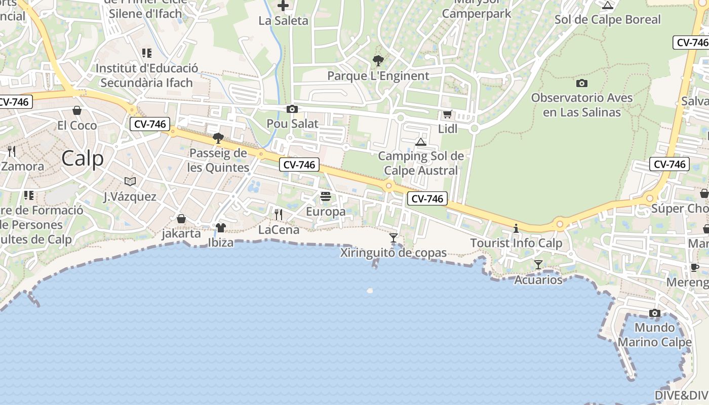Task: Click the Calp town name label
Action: pyautogui.click(x=83, y=158)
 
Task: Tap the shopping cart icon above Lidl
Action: pyautogui.click(x=447, y=114)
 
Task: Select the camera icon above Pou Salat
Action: pyautogui.click(x=292, y=109)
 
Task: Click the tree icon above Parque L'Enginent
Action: pyautogui.click(x=378, y=61)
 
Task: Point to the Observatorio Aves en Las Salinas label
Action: pyautogui.click(x=582, y=105)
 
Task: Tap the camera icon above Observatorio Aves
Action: pyautogui.click(x=582, y=83)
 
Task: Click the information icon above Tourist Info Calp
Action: pyautogui.click(x=516, y=228)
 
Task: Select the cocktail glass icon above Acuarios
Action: pyautogui.click(x=538, y=265)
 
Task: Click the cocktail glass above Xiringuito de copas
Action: pyautogui.click(x=393, y=237)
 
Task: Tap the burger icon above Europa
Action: pyautogui.click(x=326, y=196)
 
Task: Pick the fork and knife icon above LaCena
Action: pyautogui.click(x=278, y=215)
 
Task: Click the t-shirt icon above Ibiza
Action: pyautogui.click(x=220, y=228)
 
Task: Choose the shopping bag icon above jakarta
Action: pyautogui.click(x=181, y=219)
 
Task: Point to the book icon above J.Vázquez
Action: pyautogui.click(x=130, y=181)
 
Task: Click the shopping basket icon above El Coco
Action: pyautogui.click(x=77, y=110)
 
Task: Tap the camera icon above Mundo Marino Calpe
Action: pyautogui.click(x=655, y=313)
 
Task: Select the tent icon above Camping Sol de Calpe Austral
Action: pyautogui.click(x=421, y=142)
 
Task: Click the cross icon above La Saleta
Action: pyautogui.click(x=283, y=6)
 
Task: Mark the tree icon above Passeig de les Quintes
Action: pyautogui.click(x=218, y=138)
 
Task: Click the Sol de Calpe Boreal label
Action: pyautogui.click(x=608, y=20)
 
